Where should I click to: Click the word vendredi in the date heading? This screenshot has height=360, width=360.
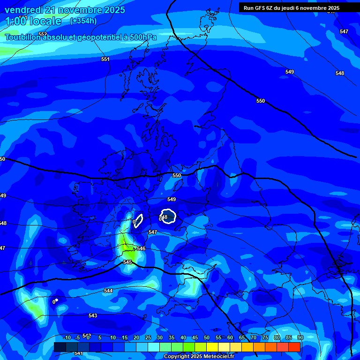coord(24,10)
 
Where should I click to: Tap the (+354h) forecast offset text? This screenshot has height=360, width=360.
coord(83,21)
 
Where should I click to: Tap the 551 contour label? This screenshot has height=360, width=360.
coord(105,59)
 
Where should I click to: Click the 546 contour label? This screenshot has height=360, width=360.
coord(141,248)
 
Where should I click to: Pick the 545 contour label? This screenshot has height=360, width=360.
coord(127,262)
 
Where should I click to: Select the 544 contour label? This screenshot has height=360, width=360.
coord(108,291)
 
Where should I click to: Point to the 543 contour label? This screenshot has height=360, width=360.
coord(93,315)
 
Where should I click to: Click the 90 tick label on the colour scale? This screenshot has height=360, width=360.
coord(300,337)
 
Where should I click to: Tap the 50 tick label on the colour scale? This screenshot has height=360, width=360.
coord(207,337)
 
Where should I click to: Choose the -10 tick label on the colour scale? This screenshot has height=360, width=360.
coord(67,337)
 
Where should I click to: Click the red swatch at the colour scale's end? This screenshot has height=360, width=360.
coord(294,347)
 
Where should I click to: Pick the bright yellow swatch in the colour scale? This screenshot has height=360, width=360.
coord(212,347)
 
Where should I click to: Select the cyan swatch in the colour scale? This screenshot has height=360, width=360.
coord(154,347)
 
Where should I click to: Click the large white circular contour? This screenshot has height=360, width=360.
coord(168,216)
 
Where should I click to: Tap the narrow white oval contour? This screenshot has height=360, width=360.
coord(138,220)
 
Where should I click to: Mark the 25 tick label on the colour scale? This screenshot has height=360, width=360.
coord(148,337)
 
